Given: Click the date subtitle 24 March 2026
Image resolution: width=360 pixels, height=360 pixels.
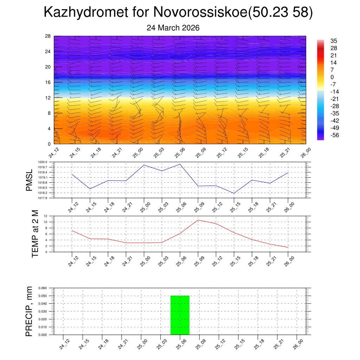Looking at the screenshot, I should (173, 28).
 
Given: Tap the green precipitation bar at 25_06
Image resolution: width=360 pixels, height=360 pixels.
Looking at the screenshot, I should (180, 315).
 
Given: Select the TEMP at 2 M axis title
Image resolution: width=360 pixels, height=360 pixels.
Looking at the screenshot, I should (35, 233).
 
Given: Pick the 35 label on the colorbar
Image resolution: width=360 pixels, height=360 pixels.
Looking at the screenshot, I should (334, 41).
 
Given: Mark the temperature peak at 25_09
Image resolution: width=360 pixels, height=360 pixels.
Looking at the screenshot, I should (198, 220).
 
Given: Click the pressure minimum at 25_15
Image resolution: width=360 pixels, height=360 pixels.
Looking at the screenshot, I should (234, 193).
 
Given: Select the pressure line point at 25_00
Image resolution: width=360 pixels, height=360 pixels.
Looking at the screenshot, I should (144, 165).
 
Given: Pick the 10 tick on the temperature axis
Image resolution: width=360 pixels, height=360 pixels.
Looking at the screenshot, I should (45, 222).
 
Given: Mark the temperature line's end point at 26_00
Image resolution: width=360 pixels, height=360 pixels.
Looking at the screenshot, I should (288, 247).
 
